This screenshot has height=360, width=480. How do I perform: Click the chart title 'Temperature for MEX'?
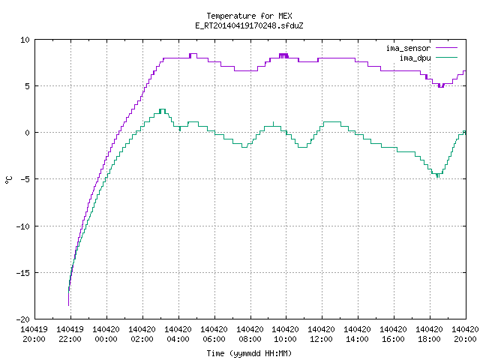point(249,16)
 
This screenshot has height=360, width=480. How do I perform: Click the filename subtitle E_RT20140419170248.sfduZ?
point(249,25)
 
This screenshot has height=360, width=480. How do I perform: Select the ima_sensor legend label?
point(408,48)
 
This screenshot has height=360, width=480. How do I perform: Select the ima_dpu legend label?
point(415,58)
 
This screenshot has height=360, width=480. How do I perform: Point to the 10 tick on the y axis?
point(25,40)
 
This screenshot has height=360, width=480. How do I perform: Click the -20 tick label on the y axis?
point(23,319)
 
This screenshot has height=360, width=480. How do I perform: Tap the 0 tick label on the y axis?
point(28,133)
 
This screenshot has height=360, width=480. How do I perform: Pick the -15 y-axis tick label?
point(23,273)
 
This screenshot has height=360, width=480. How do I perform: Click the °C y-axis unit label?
point(8,180)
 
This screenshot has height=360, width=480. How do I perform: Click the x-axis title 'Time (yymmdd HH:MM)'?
point(249,353)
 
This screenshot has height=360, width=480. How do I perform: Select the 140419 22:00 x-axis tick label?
point(70,334)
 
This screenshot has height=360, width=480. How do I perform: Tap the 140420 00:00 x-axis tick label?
point(106,334)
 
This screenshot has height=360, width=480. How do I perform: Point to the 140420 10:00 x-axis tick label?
point(285,334)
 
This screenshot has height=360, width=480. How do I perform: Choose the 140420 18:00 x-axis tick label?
point(429,334)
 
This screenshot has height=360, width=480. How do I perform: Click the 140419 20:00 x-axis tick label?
point(34,334)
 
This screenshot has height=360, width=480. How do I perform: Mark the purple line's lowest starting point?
point(68,305)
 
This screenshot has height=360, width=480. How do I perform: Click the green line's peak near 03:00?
point(162,109)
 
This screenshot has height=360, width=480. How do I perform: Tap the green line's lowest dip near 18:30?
point(438,177)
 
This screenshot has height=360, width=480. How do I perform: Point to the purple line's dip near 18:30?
point(441,87)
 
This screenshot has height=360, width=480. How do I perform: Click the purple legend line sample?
point(446,48)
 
